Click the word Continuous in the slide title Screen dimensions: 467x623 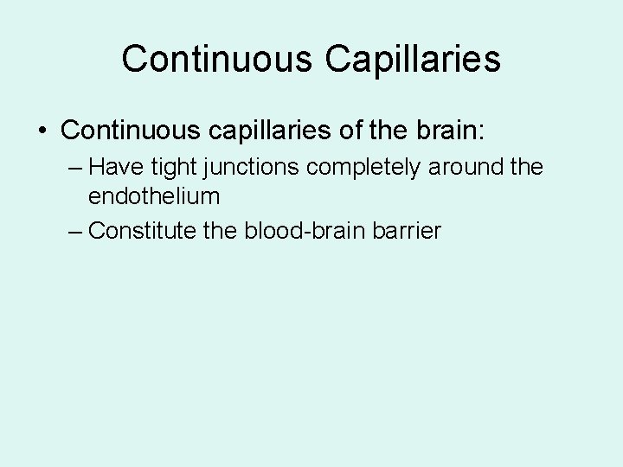tap(216, 59)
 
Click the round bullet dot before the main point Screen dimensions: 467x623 tap(42, 131)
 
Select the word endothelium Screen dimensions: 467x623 tap(154, 196)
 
